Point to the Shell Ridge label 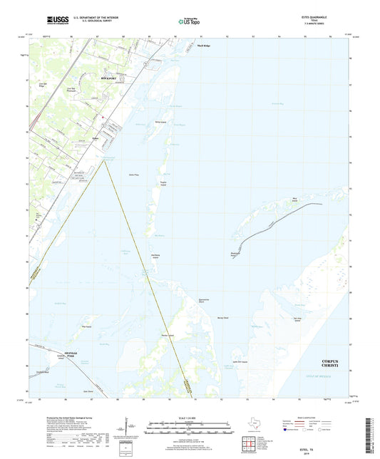pyautogui.click(x=204, y=44)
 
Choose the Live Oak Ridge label pyautogui.click(x=42, y=85)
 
